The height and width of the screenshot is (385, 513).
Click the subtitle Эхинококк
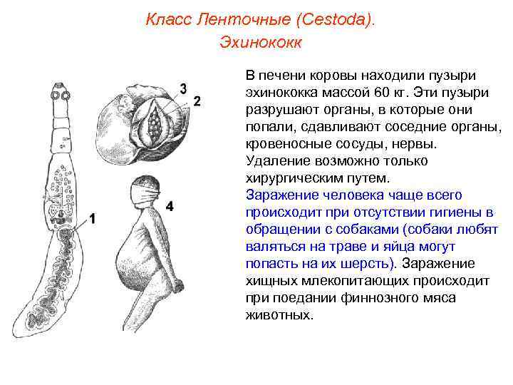(260, 43)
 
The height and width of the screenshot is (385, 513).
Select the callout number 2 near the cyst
(197, 100)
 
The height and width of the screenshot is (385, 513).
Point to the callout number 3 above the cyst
(183, 88)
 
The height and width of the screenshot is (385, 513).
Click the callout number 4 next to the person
(170, 206)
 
